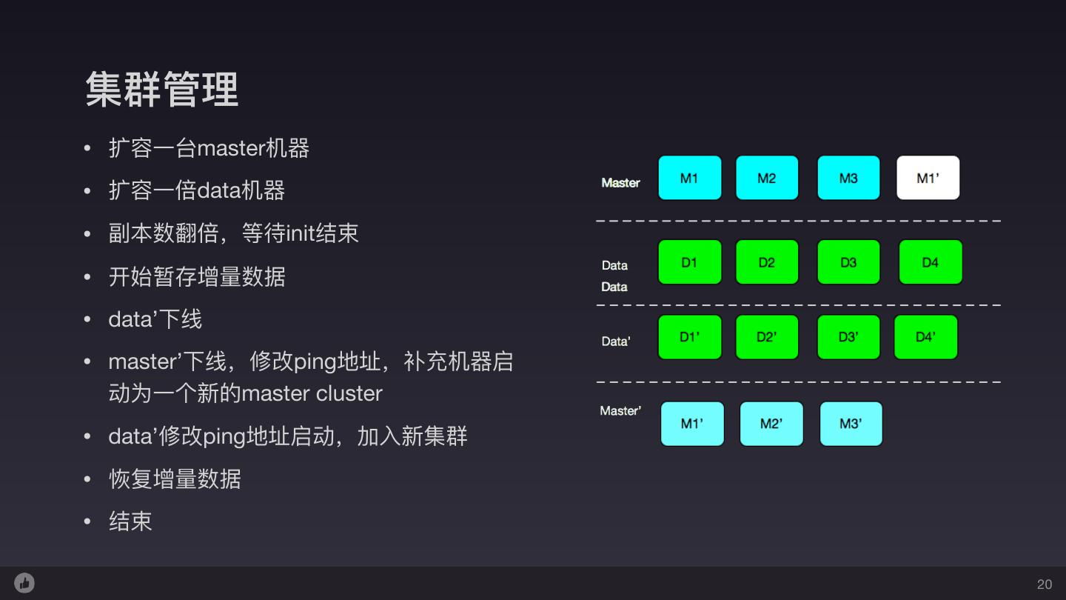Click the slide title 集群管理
point(161,90)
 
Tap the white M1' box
point(928,178)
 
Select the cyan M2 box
point(767,178)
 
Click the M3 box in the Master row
point(848,178)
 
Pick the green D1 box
point(689,262)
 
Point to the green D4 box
point(931,262)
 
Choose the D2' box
point(767,337)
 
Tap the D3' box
point(848,337)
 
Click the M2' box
point(771,424)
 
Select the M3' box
point(851,424)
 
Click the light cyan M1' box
point(692,424)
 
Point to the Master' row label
point(620,410)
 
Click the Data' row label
point(616,341)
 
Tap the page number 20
point(1045,584)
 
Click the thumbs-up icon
point(24,583)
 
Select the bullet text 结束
point(130,521)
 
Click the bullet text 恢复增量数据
point(175,479)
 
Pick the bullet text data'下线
point(155,319)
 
